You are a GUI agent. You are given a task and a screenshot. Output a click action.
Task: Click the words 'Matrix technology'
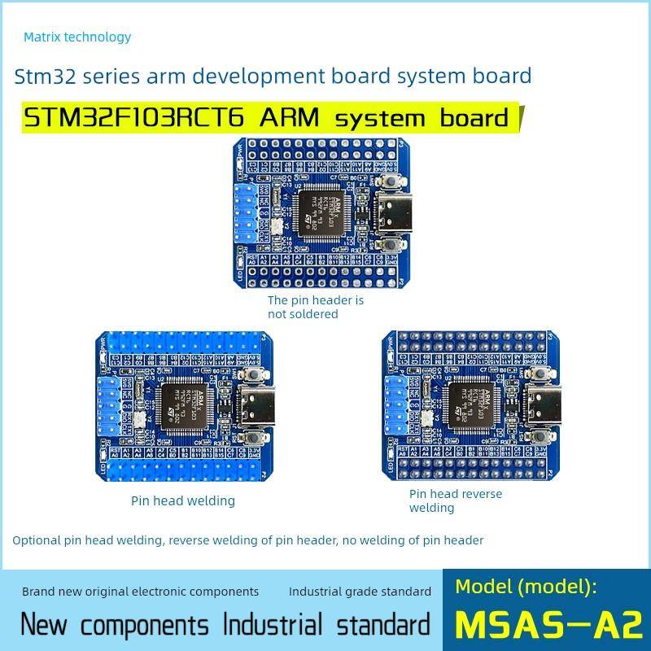[x=77, y=37]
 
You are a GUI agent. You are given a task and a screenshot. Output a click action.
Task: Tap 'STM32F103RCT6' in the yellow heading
[x=135, y=117]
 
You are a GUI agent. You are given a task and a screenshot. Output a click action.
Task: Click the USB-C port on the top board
[x=389, y=213]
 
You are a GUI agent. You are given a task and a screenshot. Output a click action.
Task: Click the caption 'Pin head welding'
[x=183, y=500]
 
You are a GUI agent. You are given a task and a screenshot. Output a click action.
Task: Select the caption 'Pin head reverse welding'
[x=455, y=500]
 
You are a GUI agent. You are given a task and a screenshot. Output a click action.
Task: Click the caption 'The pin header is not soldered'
[x=316, y=307]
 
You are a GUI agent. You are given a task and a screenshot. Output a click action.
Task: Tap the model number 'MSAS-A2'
[x=548, y=624]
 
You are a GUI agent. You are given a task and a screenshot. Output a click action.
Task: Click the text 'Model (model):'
[x=526, y=586]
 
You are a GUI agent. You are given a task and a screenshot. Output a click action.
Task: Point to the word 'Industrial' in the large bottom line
[x=273, y=625]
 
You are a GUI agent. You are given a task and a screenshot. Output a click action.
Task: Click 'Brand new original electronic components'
[x=140, y=592]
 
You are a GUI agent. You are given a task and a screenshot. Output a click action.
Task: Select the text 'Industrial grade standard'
[x=360, y=592]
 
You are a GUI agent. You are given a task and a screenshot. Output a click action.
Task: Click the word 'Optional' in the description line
[x=37, y=540]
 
